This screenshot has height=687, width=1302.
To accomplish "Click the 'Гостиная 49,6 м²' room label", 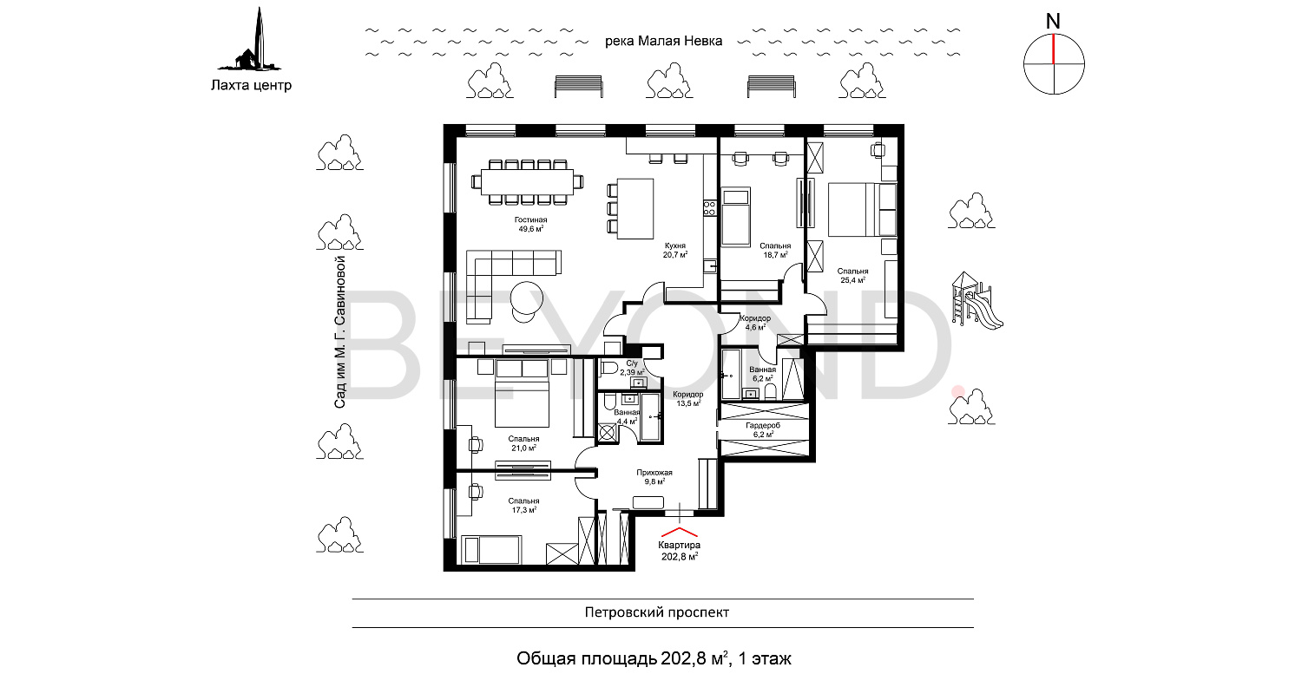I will [529, 225].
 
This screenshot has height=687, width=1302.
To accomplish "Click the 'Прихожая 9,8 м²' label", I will [654, 476].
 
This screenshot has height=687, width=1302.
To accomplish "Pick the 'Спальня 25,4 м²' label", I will [853, 276].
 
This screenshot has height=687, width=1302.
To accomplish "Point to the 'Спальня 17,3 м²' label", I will [523, 506].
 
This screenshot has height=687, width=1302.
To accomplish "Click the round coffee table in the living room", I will [528, 299].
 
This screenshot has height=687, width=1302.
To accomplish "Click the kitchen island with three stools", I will [635, 209].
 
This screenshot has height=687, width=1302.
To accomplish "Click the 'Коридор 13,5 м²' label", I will [687, 399].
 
